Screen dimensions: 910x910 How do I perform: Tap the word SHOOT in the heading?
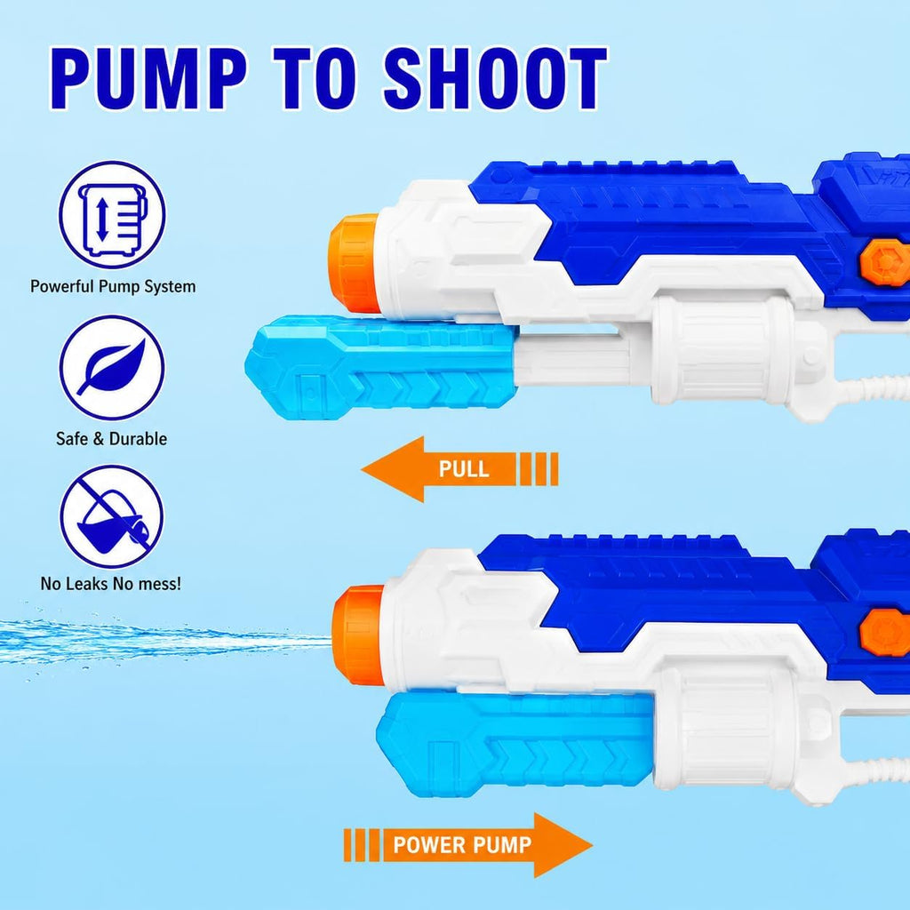[495, 78]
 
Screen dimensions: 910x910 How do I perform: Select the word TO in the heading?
[315, 78]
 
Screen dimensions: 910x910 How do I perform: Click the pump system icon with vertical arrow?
[112, 214]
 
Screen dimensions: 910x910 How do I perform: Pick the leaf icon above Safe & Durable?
[112, 367]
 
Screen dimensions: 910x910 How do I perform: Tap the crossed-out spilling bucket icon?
[111, 516]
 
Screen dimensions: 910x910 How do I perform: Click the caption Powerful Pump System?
[113, 287]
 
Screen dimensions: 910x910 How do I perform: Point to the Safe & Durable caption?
[111, 439]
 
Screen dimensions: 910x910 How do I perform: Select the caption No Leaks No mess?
[111, 583]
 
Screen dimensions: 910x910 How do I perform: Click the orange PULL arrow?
[459, 469]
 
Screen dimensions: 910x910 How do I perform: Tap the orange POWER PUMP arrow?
[467, 845]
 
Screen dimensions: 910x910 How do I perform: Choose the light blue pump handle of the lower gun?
[515, 744]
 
